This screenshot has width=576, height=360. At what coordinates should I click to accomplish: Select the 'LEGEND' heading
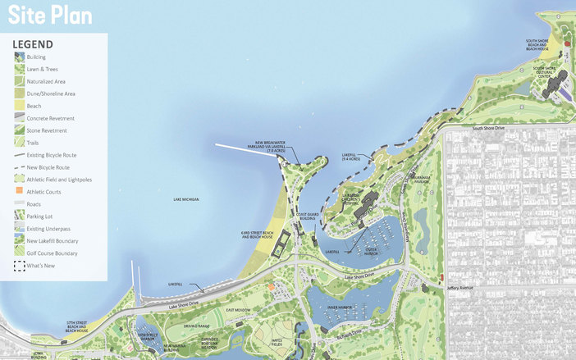click(x=34, y=44)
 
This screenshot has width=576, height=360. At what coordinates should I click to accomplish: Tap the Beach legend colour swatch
click(x=19, y=106)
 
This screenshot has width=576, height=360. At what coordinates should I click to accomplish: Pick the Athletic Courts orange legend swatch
click(x=19, y=191)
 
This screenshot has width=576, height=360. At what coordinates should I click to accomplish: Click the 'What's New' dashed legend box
click(x=19, y=266)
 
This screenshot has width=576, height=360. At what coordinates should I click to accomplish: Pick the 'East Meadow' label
click(x=238, y=310)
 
